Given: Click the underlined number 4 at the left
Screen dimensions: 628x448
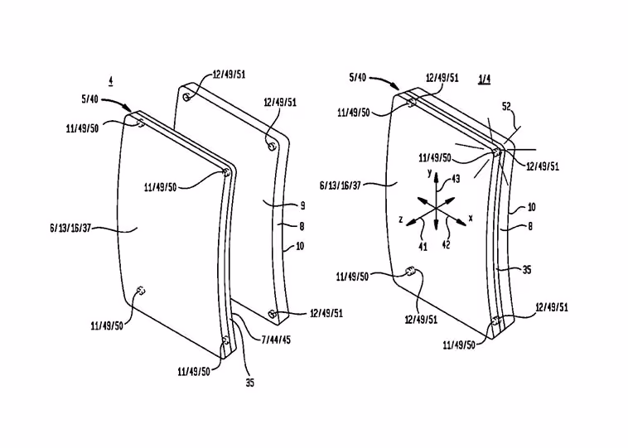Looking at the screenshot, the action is tap(110, 80).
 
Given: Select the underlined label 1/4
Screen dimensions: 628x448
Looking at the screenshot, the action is tap(484, 79).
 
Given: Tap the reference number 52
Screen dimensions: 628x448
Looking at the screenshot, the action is tap(507, 107).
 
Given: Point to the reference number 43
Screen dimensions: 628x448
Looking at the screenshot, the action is tap(456, 179).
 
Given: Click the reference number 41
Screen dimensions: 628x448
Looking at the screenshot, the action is tap(423, 247).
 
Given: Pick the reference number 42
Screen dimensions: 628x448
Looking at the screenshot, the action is tap(446, 244).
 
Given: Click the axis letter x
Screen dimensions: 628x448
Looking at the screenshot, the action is tap(471, 218).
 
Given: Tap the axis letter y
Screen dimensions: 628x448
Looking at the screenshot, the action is tap(429, 173).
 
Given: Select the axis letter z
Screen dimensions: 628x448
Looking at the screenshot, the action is tap(400, 219).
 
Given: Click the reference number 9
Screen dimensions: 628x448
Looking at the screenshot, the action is tap(302, 206).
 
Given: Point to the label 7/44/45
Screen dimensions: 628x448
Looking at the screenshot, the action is tap(276, 340).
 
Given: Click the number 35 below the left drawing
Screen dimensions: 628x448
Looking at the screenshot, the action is tap(249, 383).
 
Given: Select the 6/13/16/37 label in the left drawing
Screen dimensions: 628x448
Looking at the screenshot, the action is tap(70, 229).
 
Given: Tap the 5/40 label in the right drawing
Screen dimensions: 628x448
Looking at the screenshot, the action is tap(358, 77).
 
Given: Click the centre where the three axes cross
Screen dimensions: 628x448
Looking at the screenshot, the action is tap(436, 208).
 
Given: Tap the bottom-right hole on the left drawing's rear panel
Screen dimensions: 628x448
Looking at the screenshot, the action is tap(272, 314).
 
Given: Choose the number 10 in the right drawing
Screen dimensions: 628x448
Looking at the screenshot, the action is tap(531, 207).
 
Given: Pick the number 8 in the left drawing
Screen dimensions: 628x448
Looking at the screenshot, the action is tap(302, 226).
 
